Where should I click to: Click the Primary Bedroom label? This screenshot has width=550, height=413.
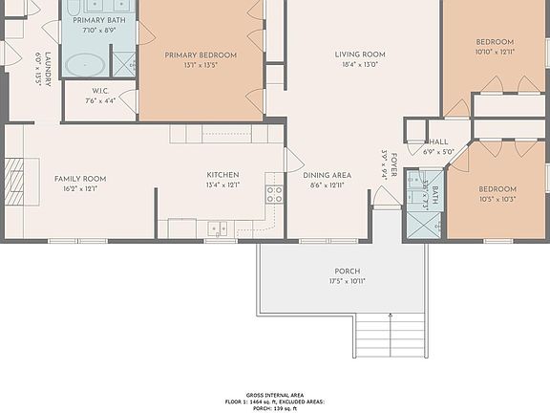click(201, 55)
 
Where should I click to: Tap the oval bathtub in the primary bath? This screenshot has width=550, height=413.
click(87, 64)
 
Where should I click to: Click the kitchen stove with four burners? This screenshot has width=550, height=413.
click(274, 194)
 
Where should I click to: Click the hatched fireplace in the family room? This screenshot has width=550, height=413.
click(13, 178)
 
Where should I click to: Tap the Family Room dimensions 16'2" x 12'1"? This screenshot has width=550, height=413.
click(80, 189)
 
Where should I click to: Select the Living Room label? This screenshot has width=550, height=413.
click(359, 54)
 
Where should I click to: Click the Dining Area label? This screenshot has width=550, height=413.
click(328, 175)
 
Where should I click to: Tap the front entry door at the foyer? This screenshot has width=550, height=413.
click(387, 198)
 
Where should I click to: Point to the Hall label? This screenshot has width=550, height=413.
click(437, 141)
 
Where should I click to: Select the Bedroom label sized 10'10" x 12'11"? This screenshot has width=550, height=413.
click(495, 42)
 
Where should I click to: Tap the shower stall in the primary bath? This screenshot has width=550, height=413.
click(124, 63)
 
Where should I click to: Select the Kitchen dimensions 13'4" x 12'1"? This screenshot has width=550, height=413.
click(222, 185)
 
